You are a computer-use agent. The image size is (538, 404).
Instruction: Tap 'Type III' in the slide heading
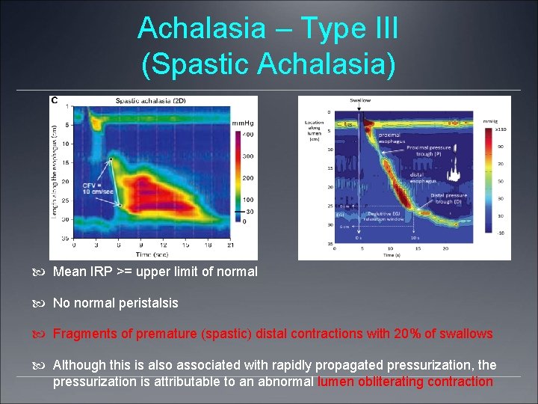(350, 28)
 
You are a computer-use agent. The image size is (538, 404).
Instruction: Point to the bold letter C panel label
(54, 100)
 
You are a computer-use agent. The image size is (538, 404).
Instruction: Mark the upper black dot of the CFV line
(111, 159)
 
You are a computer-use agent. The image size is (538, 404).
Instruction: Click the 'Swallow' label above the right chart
(359, 100)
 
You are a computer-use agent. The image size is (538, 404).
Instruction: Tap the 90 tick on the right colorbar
(500, 147)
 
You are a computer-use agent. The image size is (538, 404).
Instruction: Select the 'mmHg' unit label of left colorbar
(242, 123)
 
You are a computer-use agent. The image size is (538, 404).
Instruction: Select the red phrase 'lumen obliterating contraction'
(405, 382)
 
